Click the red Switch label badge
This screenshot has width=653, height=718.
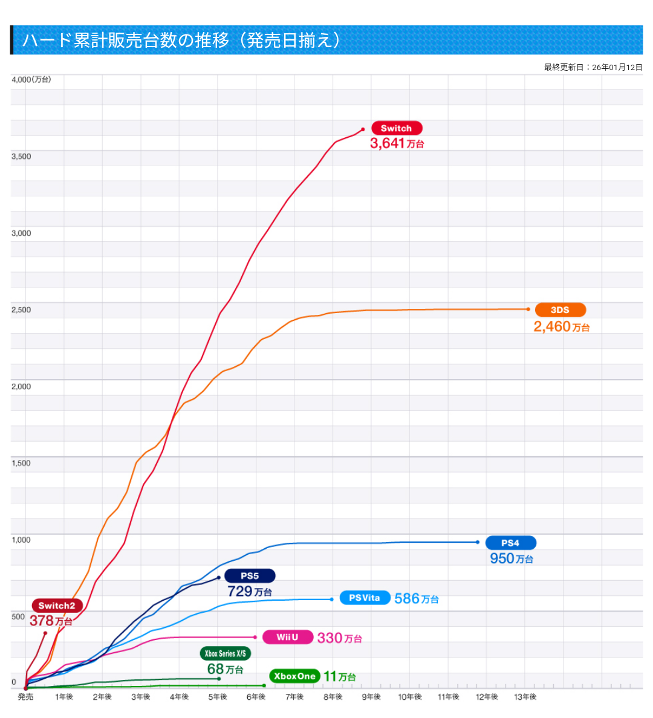click(396, 128)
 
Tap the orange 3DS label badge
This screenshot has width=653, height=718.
click(560, 310)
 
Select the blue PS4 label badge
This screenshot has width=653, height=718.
click(510, 543)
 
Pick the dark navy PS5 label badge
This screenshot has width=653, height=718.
click(250, 576)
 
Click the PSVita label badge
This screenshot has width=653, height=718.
click(365, 598)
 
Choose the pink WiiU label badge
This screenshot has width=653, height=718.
click(288, 637)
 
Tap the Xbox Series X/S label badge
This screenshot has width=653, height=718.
click(225, 653)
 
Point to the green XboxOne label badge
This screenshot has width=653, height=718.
click(294, 676)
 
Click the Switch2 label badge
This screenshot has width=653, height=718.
click(57, 606)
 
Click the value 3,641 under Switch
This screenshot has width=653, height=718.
click(387, 143)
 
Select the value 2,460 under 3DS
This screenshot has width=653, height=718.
click(552, 327)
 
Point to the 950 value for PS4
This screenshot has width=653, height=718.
click(502, 558)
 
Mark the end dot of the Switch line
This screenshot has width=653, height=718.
click(363, 129)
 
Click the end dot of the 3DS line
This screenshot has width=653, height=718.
click(528, 309)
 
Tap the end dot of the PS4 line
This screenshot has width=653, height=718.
click(478, 542)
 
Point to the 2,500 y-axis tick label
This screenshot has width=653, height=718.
click(21, 310)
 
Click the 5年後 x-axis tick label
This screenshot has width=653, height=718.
click(218, 697)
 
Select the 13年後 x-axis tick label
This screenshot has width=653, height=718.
click(525, 697)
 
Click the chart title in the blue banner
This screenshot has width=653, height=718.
click(181, 40)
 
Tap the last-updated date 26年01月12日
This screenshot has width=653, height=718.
click(617, 67)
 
